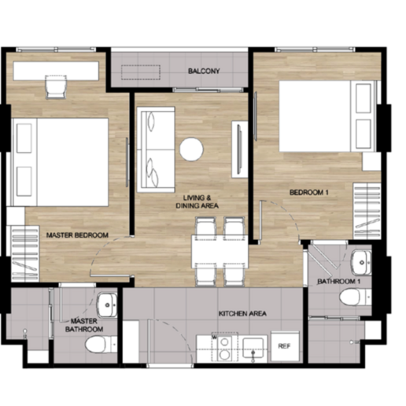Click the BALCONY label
204,71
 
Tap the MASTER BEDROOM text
77,235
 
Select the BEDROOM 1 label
309,193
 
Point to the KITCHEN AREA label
242,313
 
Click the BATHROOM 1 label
339,282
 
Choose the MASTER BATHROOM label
84,325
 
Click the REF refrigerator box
285,346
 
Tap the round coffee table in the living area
191,149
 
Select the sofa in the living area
156,149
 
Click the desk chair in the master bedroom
56,87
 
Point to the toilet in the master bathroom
101,345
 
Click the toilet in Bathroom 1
356,297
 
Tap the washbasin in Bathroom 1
361,262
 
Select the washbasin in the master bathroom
107,305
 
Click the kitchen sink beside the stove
253,348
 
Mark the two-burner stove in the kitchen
225,348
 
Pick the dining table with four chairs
220,252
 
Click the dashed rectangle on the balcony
141,72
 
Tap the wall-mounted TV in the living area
239,149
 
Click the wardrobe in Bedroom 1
367,211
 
